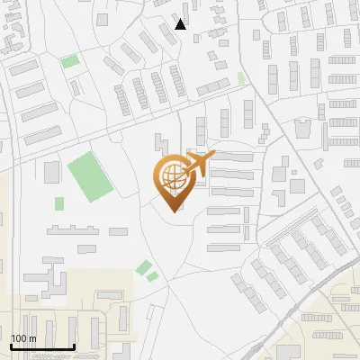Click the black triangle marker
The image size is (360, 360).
pyautogui.click(x=181, y=24)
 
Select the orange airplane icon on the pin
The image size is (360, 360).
pyautogui.click(x=201, y=165)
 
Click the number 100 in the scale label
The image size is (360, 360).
pyautogui.click(x=19, y=338)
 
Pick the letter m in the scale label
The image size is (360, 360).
pyautogui.click(x=32, y=338)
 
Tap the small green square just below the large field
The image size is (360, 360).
pyautogui.click(x=59, y=203)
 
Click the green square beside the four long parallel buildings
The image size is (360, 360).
pyautogui.click(x=69, y=61)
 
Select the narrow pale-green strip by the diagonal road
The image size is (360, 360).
pyautogui.click(x=241, y=78)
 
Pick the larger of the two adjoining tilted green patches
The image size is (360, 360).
pyautogui.click(x=143, y=266)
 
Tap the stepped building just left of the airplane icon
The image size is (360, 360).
pyautogui.click(x=162, y=147)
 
